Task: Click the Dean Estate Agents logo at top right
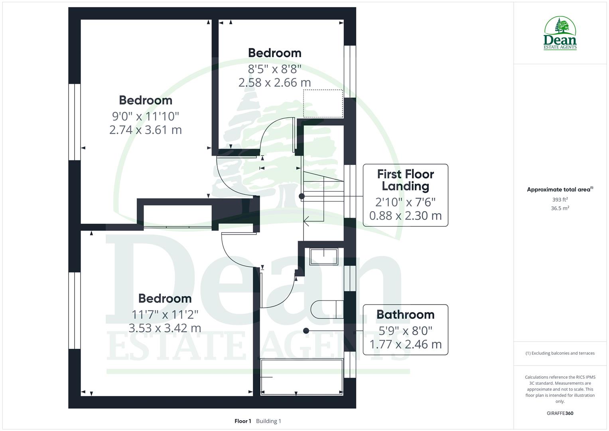[560, 34]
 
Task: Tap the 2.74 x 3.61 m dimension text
[146, 130]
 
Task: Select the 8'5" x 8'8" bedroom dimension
[274, 69]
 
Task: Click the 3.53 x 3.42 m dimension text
[165, 328]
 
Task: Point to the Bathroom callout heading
[405, 314]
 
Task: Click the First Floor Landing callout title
[405, 180]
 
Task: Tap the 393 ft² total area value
[560, 200]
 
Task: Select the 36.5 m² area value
[560, 208]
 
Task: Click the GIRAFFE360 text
[560, 413]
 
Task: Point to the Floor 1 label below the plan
[242, 421]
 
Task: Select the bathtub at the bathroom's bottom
[302, 377]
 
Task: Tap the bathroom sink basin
[323, 256]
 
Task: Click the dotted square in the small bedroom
[323, 103]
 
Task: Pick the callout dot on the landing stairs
[302, 196]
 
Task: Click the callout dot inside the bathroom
[306, 331]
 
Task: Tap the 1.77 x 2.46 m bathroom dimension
[405, 344]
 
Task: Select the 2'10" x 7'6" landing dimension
[405, 202]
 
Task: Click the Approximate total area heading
[560, 190]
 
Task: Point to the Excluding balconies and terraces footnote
[560, 353]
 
